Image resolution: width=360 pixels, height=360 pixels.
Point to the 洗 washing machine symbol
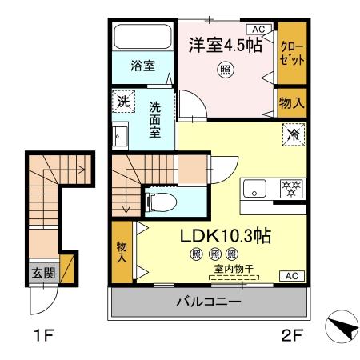click(x=122, y=102)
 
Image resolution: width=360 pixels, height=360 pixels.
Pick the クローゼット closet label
click(x=292, y=53)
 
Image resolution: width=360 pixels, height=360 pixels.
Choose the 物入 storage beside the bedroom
click(x=291, y=102)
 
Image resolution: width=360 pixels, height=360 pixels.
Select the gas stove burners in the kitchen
click(x=289, y=190)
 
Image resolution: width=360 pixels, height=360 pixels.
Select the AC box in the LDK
click(x=291, y=276)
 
